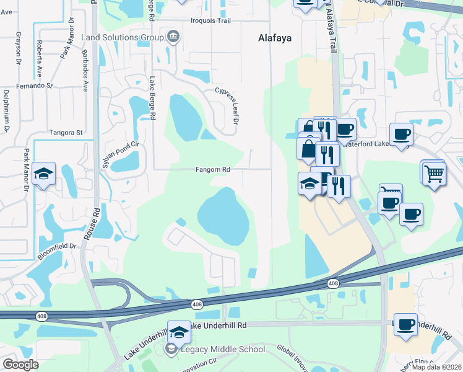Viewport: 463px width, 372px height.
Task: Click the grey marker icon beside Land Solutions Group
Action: pyautogui.click(x=173, y=38)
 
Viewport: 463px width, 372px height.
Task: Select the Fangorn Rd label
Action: pyautogui.click(x=213, y=169)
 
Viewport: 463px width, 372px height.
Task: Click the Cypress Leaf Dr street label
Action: pyautogui.click(x=227, y=106)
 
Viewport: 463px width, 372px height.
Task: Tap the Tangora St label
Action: pyautogui.click(x=66, y=133)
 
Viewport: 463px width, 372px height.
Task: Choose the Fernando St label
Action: pyautogui.click(x=35, y=86)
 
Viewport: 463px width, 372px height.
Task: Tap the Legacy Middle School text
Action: pyautogui.click(x=222, y=350)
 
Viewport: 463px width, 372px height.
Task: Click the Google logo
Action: pyautogui.click(x=20, y=365)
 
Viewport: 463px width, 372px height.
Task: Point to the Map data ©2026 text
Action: pyautogui.click(x=437, y=367)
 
